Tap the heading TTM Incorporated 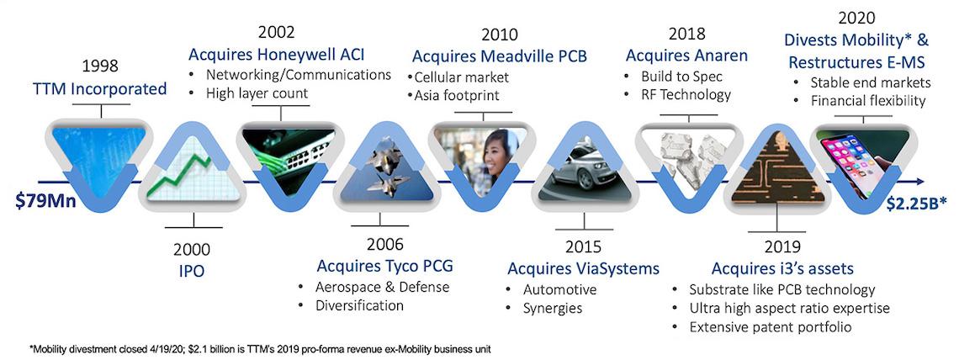(101, 88)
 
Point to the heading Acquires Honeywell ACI (276, 55)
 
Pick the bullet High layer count (257, 93)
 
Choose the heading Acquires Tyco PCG (384, 266)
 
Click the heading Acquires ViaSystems (583, 268)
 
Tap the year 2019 (782, 247)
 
